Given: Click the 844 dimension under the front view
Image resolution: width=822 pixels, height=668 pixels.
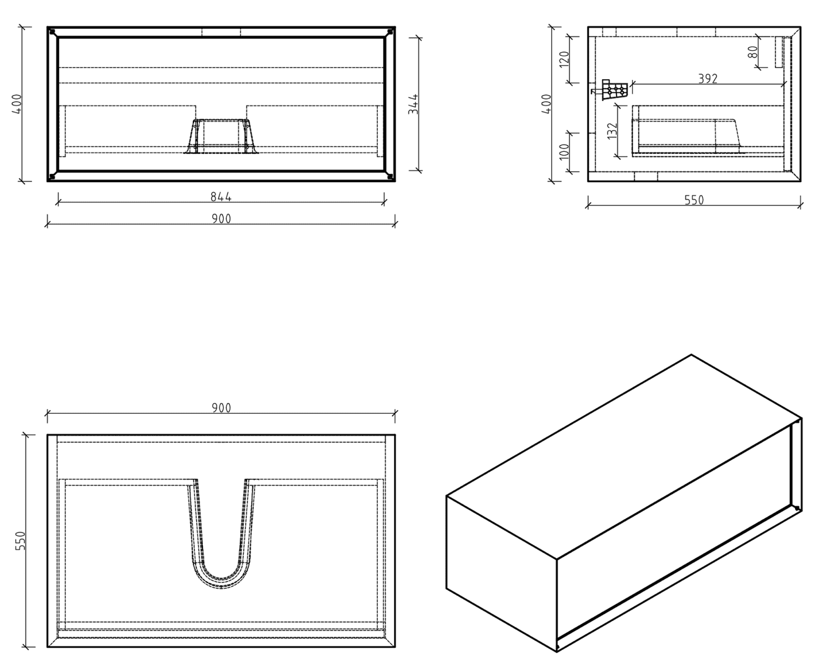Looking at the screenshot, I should [x=221, y=197].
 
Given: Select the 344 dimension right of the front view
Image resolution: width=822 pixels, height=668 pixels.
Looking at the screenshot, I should [x=413, y=104].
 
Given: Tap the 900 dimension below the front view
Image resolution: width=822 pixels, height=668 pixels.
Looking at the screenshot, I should [x=221, y=218].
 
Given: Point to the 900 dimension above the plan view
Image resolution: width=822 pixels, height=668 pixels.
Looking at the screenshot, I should [x=221, y=408].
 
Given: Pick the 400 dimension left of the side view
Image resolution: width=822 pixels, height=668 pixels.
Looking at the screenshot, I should [x=547, y=104].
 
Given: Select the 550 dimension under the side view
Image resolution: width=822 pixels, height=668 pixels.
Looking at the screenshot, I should [x=694, y=200].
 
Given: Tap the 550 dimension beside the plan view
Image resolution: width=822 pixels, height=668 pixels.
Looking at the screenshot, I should [x=19, y=541].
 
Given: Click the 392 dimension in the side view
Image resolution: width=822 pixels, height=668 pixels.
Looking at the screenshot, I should [x=708, y=78].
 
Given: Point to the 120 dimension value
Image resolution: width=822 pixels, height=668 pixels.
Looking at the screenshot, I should [x=564, y=60].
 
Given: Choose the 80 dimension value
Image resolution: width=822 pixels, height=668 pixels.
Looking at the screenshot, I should [x=753, y=51].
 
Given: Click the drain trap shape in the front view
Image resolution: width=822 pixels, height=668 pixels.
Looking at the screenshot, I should [x=221, y=136].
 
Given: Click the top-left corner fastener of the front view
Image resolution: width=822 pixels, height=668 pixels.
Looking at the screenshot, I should [x=53, y=32].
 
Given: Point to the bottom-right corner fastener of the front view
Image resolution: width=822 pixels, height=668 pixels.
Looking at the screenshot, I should [x=390, y=176].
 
